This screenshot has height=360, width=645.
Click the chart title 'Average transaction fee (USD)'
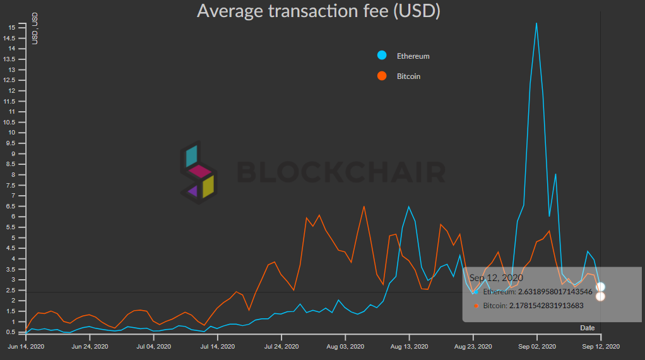click(x=318, y=11)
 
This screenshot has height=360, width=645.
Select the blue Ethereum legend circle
click(x=382, y=56)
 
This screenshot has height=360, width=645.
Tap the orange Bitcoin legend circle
click(x=382, y=76)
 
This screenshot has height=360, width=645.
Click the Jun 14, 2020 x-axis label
click(x=26, y=346)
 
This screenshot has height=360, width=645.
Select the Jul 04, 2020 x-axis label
click(x=153, y=346)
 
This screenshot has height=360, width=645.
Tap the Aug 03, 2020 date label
click(x=345, y=346)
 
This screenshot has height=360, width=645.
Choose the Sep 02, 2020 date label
click(x=536, y=346)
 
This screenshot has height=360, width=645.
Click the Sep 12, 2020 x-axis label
click(x=600, y=346)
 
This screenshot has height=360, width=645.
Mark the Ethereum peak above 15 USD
click(x=536, y=23)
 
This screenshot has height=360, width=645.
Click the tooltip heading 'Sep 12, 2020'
click(x=495, y=277)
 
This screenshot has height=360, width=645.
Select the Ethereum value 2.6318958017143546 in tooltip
click(x=538, y=292)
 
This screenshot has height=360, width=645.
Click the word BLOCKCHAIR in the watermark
click(x=341, y=172)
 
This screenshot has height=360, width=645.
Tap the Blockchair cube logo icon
click(x=198, y=172)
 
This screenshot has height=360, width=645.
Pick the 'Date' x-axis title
click(x=587, y=328)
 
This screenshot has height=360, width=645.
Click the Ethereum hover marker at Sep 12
click(x=601, y=287)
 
